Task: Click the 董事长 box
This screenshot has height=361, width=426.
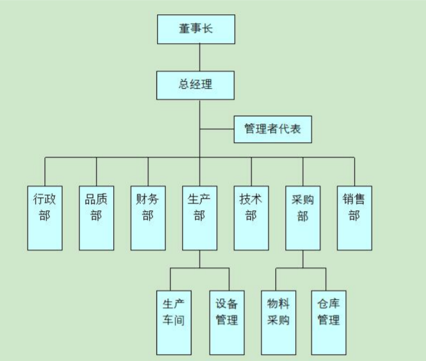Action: [196, 29]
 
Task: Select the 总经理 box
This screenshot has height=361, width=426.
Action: [195, 85]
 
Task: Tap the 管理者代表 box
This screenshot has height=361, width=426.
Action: [272, 129]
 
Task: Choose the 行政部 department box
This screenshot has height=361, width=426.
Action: [44, 217]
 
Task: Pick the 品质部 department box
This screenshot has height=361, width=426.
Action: [96, 217]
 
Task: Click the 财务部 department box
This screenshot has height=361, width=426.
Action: [148, 217]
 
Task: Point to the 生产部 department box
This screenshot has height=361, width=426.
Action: [200, 217]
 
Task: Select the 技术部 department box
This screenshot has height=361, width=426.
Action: [251, 217]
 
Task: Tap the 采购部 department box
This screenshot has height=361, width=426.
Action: [303, 217]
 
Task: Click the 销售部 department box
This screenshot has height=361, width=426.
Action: [354, 217]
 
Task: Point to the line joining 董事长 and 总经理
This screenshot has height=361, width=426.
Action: [200, 57]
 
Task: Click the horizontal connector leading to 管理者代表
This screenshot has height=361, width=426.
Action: [216, 129]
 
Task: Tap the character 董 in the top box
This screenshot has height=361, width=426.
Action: [184, 29]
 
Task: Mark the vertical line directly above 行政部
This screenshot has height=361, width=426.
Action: [45, 171]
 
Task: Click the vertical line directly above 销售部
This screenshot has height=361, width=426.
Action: [355, 171]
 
